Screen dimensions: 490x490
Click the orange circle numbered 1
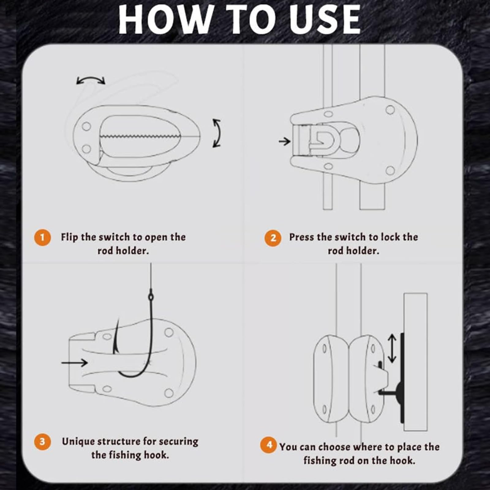point(42,237)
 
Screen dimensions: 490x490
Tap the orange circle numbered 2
point(273,238)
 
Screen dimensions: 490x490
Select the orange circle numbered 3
point(42,442)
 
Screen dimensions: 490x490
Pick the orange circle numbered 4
point(269,445)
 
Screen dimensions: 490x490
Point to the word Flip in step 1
point(70,237)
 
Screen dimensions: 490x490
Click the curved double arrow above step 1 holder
point(91,80)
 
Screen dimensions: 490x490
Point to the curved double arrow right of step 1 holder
point(217,133)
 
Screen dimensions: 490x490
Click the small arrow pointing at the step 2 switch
point(285,141)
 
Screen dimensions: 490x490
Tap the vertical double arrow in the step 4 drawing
point(392,348)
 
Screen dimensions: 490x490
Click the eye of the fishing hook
point(151,296)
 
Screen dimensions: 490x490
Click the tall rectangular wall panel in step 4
point(415,361)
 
